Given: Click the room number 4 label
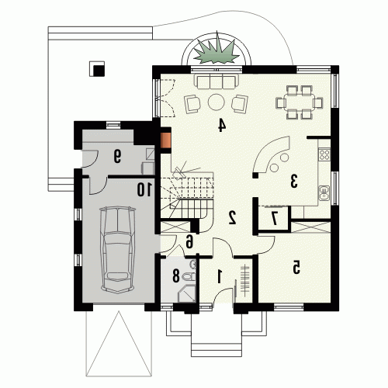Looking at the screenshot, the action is point(222,125).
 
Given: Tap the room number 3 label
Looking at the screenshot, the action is point(294,181).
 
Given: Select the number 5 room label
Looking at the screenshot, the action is point(296,267).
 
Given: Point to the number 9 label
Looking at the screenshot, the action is point(117,157).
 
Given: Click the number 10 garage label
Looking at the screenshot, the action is point(144,189).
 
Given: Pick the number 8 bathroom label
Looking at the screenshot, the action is point(176,275).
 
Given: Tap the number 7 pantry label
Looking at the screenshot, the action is point(274,218).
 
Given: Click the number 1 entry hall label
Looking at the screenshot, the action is point(220,276).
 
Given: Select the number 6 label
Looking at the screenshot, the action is point(189,242).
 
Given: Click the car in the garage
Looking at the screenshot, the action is point(118,250).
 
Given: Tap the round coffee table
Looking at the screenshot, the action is point(216,102).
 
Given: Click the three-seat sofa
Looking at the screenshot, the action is point(217,81).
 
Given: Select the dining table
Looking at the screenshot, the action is point(300,102).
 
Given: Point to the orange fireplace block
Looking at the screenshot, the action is point(165,140).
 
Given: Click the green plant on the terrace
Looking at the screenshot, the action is point(217,50).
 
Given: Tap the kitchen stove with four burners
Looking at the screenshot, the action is point(324,154).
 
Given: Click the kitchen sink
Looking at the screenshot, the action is point(324,193).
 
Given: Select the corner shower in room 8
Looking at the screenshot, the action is point(187,293).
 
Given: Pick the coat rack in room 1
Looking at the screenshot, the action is point(244,280).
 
